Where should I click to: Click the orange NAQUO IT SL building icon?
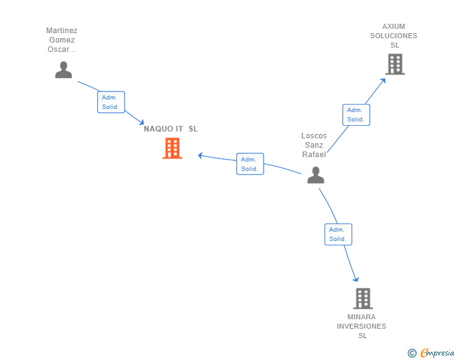coord(172,148)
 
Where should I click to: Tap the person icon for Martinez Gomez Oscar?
coord(63,69)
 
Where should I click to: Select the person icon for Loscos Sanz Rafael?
coord(316,175)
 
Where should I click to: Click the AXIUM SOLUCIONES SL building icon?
coord(395,64)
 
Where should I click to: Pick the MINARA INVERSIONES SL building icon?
coord(363,299)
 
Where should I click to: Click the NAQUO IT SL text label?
coord(170,129)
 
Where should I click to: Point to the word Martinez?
coord(62,31)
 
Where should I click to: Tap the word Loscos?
coord(314,136)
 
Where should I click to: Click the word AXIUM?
coord(393,27)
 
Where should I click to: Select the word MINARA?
coord(361,317)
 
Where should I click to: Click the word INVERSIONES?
coord(361,326)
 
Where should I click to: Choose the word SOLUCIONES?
coord(393,36)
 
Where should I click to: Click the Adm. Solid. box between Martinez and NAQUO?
coord(111,102)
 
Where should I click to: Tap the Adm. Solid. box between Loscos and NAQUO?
coord(250,164)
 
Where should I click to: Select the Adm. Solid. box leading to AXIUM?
coord(356,115)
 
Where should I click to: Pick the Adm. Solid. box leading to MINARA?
coord(338,234)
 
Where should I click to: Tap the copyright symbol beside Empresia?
coord(412,353)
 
